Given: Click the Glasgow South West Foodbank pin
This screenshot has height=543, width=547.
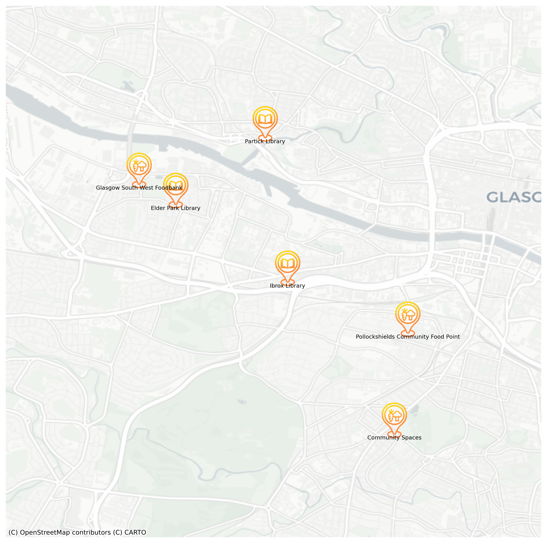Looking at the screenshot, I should pos(139,169).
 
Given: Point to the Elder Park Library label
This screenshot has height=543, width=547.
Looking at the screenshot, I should pos(176,208).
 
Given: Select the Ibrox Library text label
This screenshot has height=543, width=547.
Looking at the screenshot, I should pos(287,286).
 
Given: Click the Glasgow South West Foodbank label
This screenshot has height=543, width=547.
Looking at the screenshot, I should pos(139,188).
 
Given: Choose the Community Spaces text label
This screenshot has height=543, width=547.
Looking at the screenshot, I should pos(394,438).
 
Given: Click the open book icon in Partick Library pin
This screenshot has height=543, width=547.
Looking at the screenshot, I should pos(265,119).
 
